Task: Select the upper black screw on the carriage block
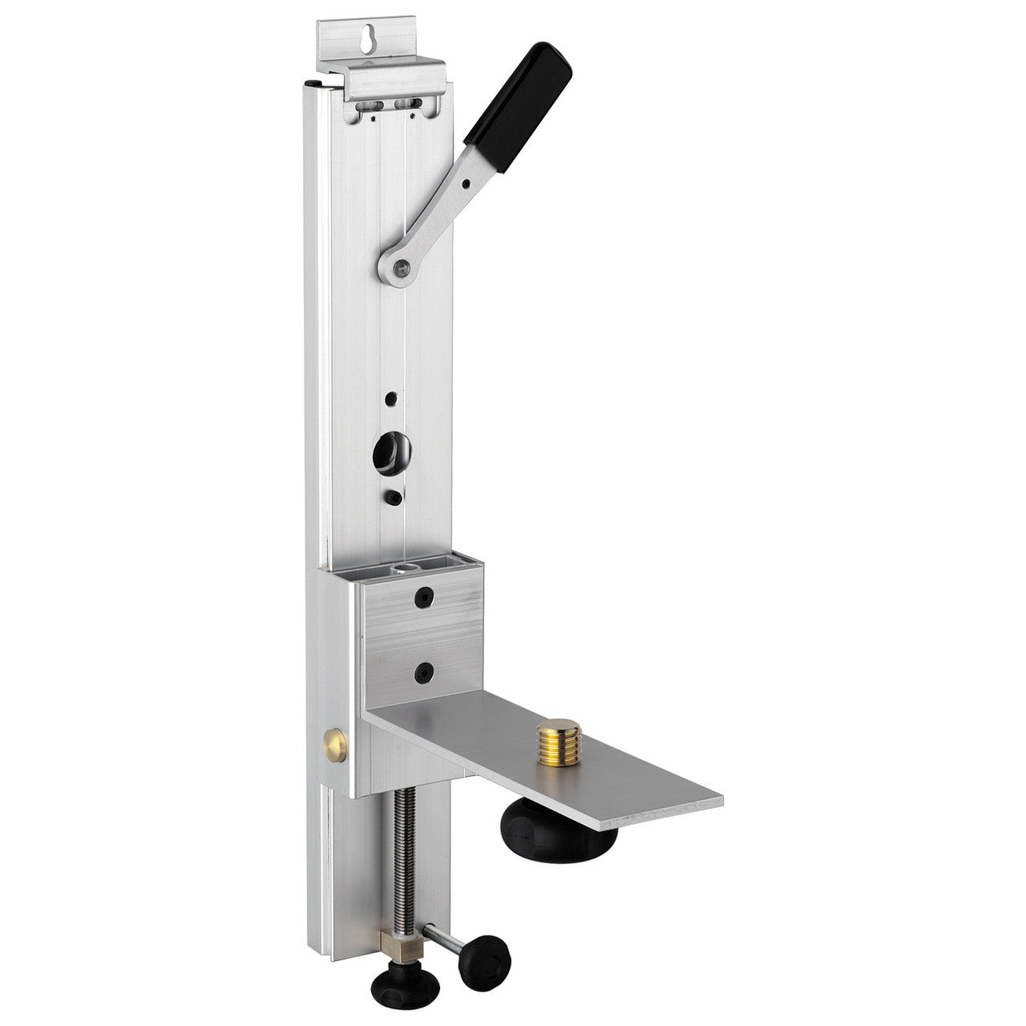point(422,599)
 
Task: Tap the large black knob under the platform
point(561,834)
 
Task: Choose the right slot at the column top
point(409,103)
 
